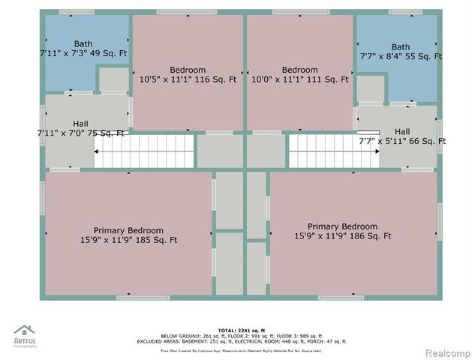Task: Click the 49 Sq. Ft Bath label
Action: coord(83,49)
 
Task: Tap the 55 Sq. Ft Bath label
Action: coord(400,52)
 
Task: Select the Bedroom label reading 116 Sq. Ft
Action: coord(188,74)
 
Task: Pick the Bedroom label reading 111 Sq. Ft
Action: coord(299,74)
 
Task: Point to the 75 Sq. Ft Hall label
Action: coord(80,128)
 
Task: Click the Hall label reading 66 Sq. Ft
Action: coord(402,136)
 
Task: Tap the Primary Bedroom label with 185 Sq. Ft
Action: coord(128,235)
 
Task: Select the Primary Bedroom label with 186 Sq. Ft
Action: coord(342,231)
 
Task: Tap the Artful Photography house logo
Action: coord(25,331)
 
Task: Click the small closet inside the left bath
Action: coord(113,79)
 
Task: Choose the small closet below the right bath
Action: coord(369,88)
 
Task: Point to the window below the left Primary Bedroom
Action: coord(142,298)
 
